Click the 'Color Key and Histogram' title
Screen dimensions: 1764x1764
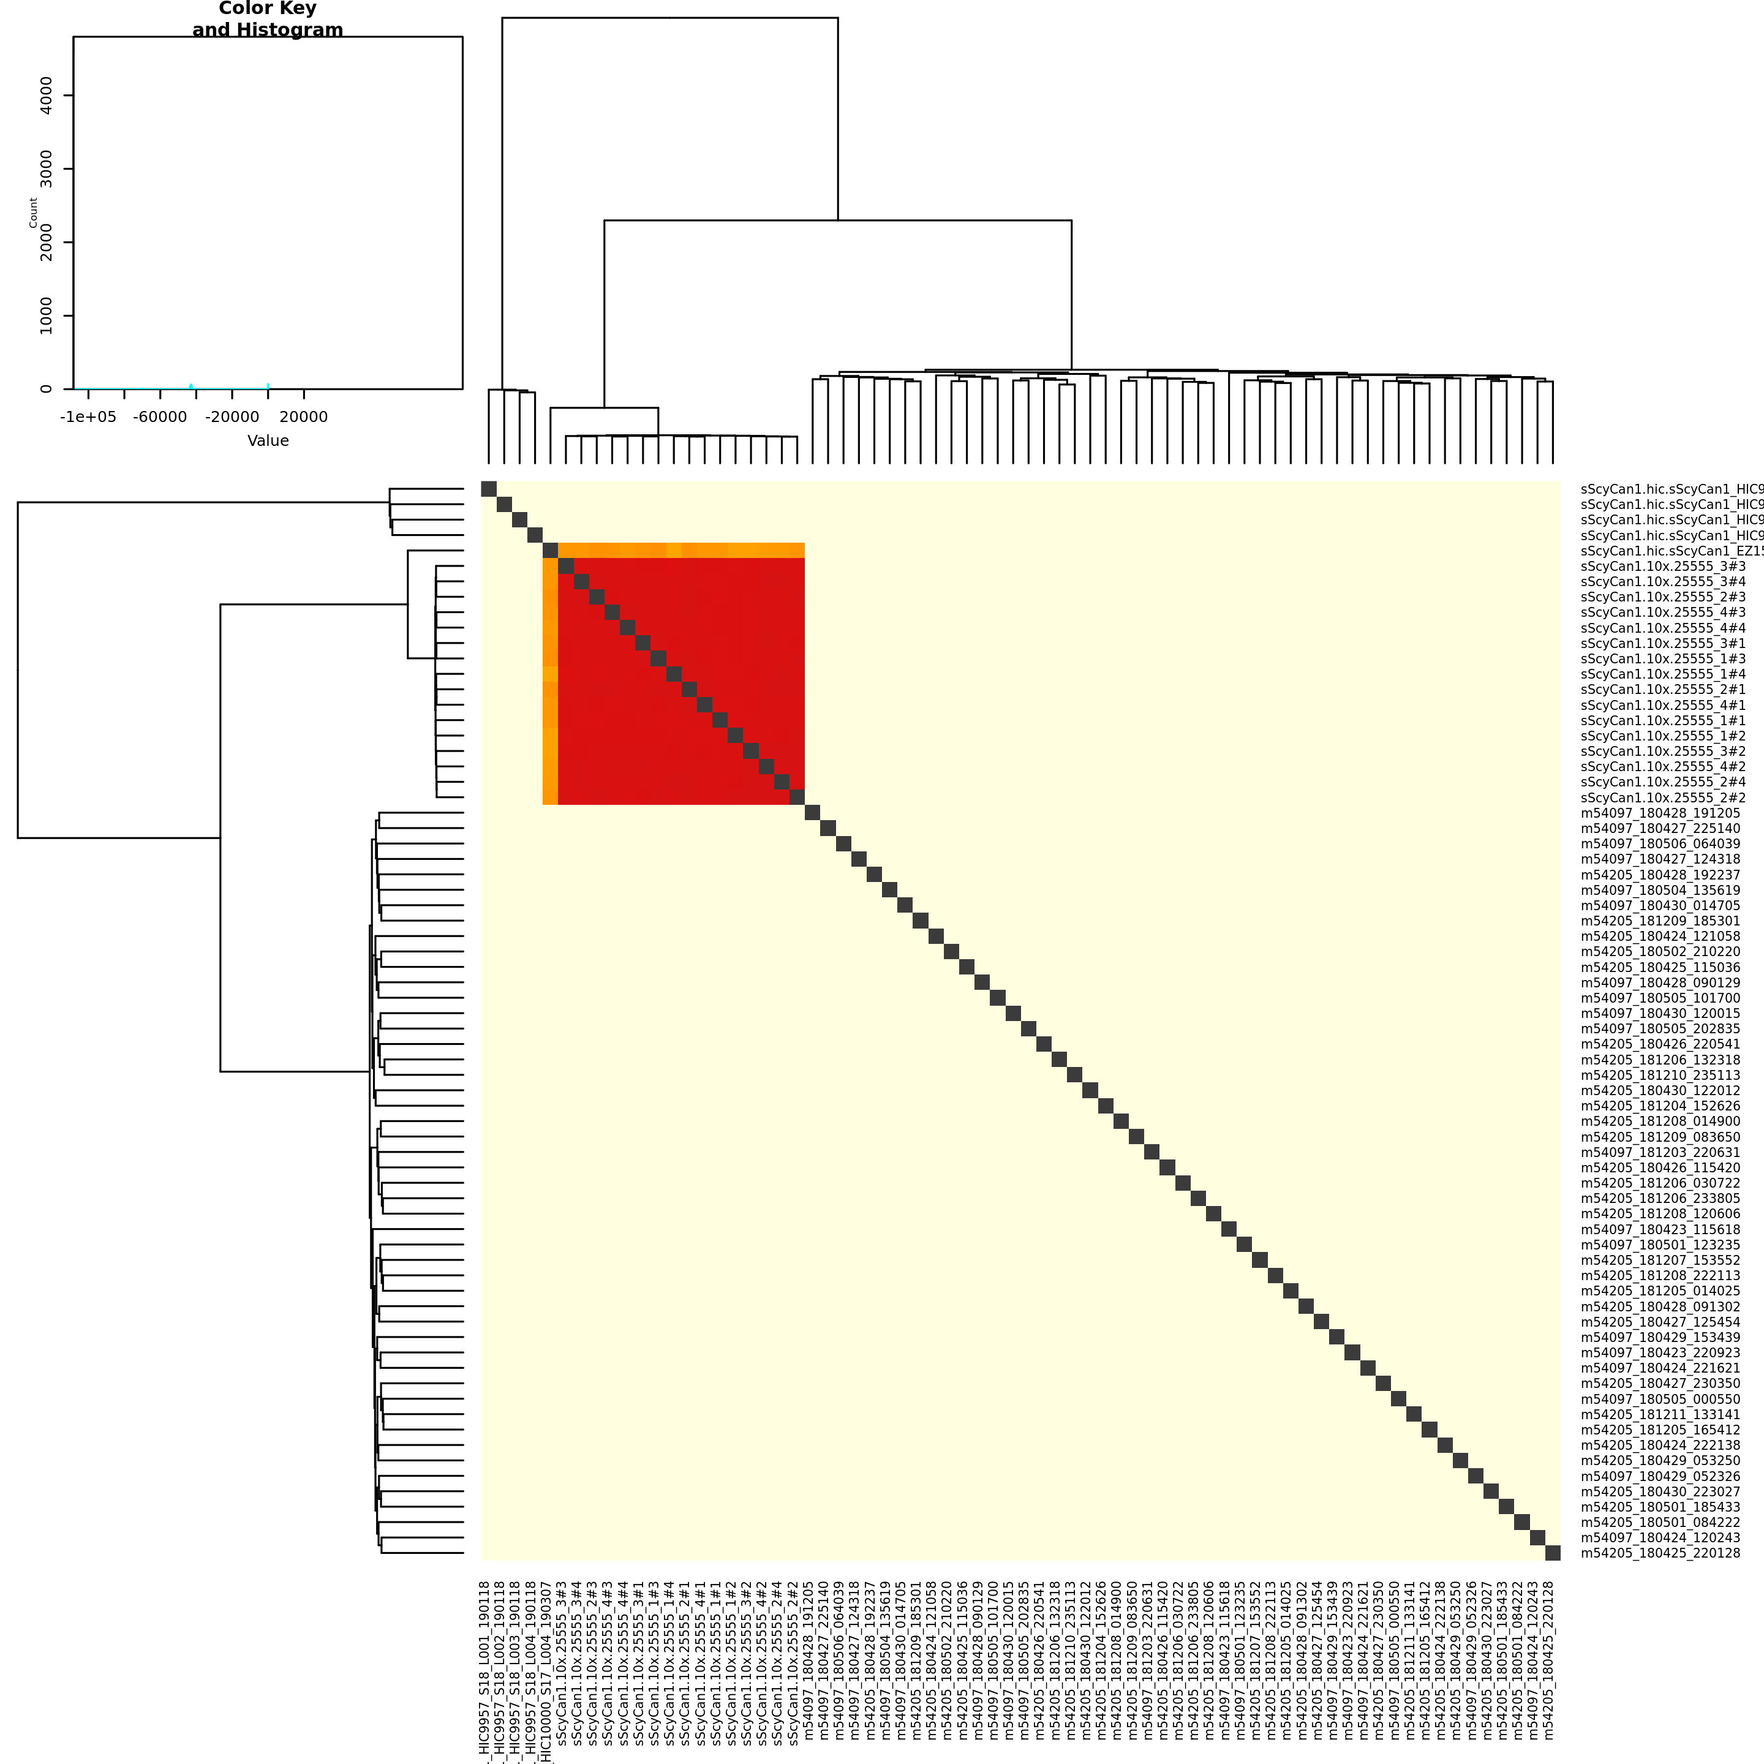click(x=268, y=19)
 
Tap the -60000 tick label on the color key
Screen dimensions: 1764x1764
click(x=160, y=417)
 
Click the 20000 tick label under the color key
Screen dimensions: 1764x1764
click(x=303, y=417)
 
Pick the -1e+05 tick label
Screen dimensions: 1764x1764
click(x=89, y=417)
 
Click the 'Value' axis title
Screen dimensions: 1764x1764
click(x=268, y=441)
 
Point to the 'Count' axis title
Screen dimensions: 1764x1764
click(x=34, y=213)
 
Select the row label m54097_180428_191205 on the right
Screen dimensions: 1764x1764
click(x=1660, y=813)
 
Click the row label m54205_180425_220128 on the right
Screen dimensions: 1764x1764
click(x=1660, y=1553)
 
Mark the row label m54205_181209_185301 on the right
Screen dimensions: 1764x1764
click(x=1660, y=921)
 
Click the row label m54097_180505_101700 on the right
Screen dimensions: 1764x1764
click(x=1660, y=998)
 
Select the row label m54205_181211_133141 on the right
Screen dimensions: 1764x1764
click(x=1660, y=1414)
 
